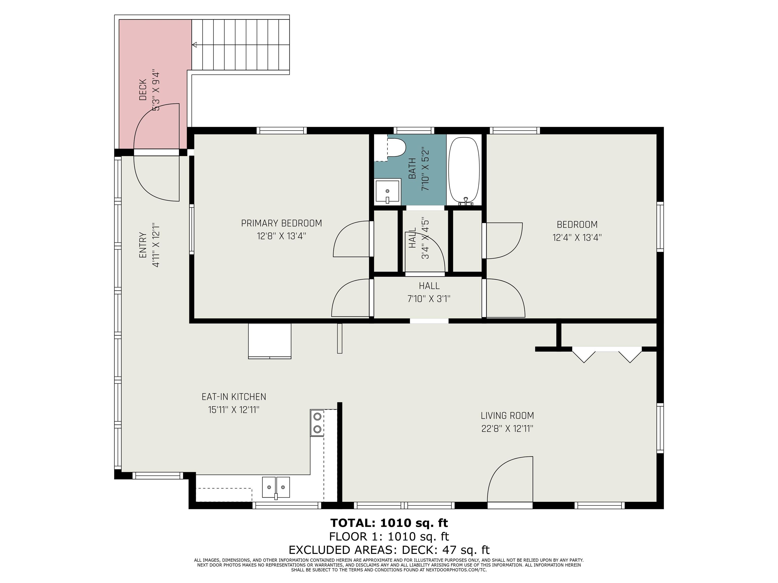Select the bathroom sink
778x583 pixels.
coord(387,192)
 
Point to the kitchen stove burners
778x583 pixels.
coord(317,423)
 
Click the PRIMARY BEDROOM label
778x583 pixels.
coord(281,223)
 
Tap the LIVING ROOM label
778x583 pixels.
coord(507,415)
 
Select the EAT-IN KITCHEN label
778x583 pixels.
coord(234,397)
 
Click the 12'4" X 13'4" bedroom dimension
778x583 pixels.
coord(577,238)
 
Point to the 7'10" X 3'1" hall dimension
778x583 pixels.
coord(429,299)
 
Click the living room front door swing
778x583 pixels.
coord(510,479)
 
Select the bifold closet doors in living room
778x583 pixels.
coord(607,354)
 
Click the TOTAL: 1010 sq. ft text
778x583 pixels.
coord(389,523)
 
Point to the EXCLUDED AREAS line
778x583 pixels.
coord(389,550)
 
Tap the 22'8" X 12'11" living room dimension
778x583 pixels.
coord(507,429)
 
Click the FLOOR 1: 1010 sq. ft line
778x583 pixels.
coord(389,537)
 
